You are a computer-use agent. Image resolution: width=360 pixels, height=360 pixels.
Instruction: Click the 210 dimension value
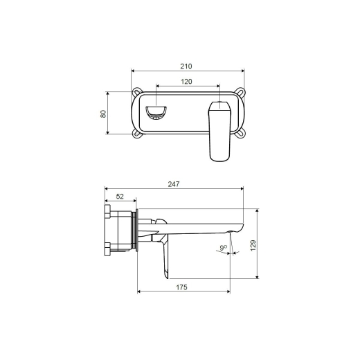click(x=186, y=66)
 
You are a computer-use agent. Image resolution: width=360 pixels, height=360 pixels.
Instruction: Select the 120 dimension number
click(x=186, y=82)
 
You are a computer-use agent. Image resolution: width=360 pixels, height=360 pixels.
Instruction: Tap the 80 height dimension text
click(x=103, y=114)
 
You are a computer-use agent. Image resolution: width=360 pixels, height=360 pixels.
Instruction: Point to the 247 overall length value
click(x=174, y=184)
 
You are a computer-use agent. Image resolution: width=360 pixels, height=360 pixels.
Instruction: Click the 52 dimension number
click(x=120, y=197)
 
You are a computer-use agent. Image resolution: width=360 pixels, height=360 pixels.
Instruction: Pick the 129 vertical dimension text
click(x=253, y=246)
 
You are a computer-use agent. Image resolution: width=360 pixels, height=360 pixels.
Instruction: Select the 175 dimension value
click(x=181, y=287)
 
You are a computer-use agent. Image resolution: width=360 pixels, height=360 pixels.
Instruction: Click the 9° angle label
click(x=223, y=248)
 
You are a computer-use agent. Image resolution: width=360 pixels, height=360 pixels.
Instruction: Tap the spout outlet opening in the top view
click(x=156, y=113)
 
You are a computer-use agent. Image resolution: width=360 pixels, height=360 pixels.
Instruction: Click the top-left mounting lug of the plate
click(x=136, y=91)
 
